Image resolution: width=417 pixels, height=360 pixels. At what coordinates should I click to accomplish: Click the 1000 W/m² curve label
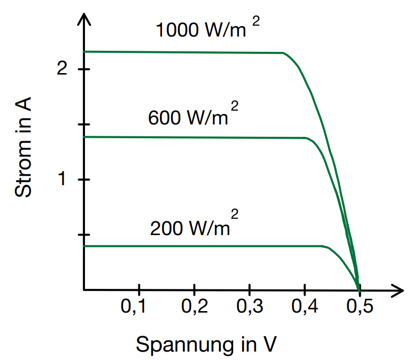pyautogui.click(x=207, y=30)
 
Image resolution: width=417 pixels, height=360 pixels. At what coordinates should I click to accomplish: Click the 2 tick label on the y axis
pyautogui.click(x=62, y=69)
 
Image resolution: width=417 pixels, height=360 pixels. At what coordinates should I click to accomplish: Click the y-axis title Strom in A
pyautogui.click(x=24, y=148)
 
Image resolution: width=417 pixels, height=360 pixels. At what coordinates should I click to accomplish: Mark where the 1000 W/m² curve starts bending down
pyautogui.click(x=284, y=53)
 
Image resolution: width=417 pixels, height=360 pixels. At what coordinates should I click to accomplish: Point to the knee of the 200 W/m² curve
pyautogui.click(x=324, y=246)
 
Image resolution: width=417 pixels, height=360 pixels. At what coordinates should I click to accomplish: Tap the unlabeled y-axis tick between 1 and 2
pyautogui.click(x=84, y=124)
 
